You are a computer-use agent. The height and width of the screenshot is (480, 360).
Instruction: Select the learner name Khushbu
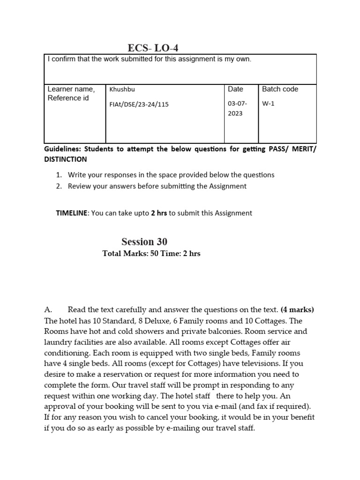(x=122, y=89)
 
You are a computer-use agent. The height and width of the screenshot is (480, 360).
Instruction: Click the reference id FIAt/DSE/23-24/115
(x=139, y=105)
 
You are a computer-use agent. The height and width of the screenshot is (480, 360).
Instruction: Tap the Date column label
(x=235, y=89)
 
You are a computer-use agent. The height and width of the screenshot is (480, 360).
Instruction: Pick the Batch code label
(x=280, y=89)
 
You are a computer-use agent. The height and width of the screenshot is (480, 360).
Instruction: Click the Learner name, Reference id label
(x=71, y=93)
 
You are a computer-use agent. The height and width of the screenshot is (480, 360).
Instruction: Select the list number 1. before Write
(x=59, y=175)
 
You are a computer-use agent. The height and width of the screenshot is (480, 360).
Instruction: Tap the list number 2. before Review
(x=59, y=186)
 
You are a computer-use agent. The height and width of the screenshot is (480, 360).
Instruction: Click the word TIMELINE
(x=72, y=213)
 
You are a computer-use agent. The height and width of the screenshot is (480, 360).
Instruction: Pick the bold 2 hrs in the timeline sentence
(x=158, y=213)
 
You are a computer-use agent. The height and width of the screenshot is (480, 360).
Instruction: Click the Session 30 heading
(x=144, y=242)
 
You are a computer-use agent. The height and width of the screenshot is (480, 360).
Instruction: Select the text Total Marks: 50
(x=128, y=254)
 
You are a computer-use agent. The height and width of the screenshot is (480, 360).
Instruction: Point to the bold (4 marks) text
(x=297, y=310)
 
